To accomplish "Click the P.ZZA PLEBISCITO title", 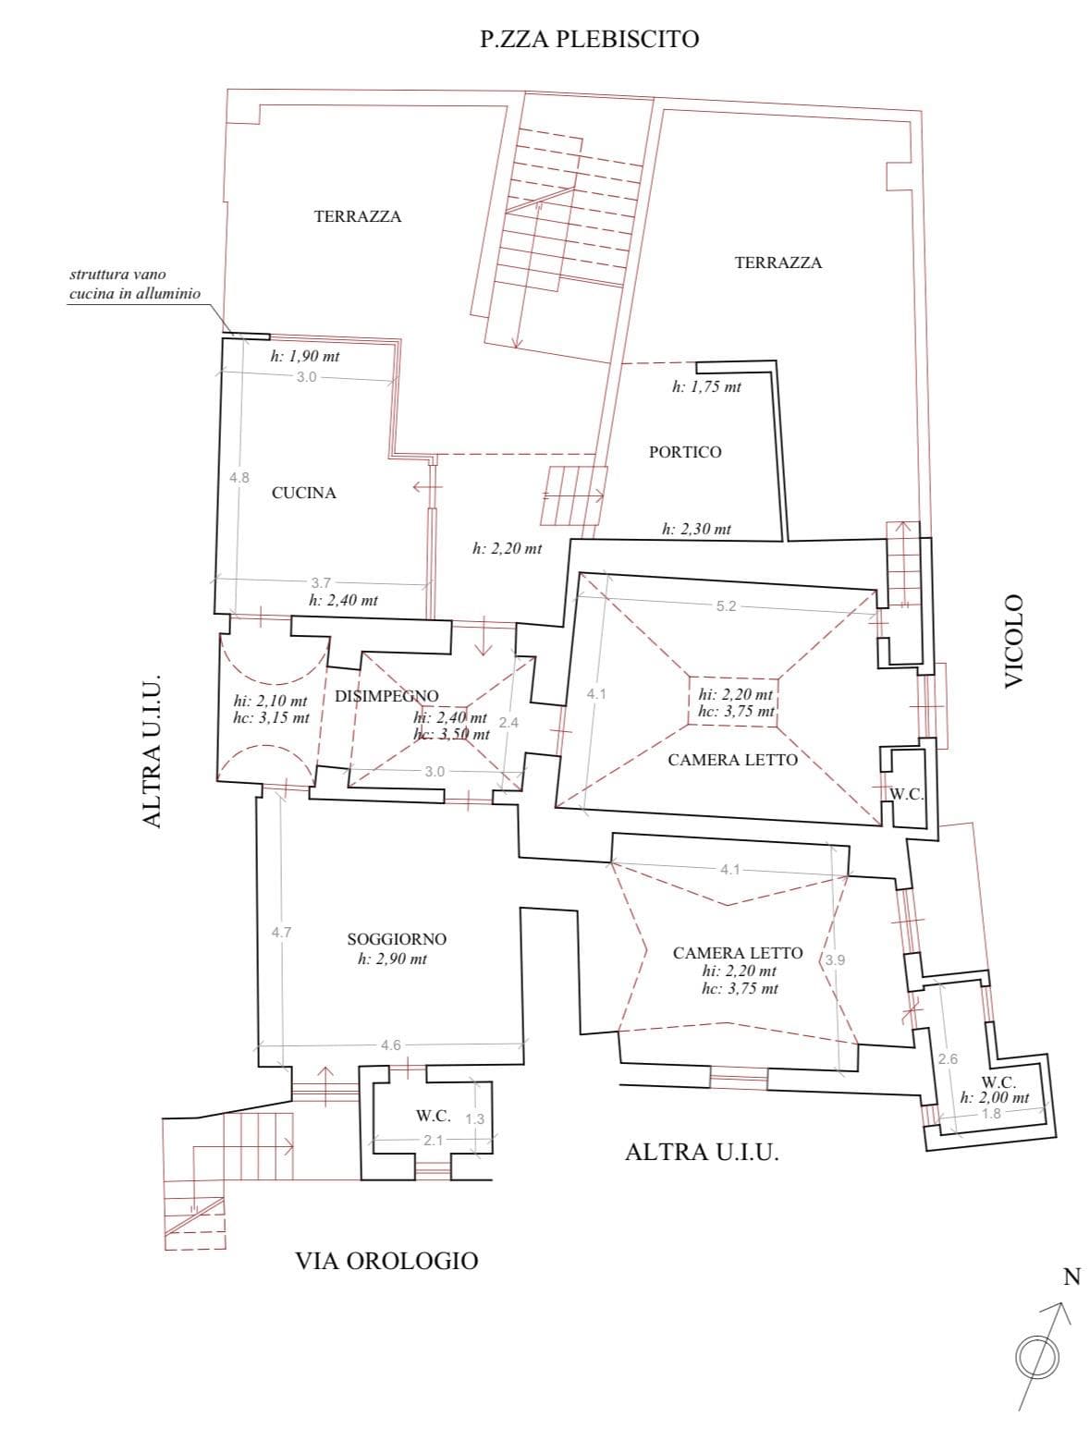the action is (x=589, y=39).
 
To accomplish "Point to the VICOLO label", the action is (x=1014, y=641).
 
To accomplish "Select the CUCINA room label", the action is (x=304, y=493).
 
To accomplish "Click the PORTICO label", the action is (x=685, y=452).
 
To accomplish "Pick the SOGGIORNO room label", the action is (x=397, y=939).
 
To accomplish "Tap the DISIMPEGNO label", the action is (x=386, y=696).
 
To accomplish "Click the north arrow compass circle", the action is (x=1036, y=1357).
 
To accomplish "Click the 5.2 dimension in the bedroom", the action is (x=726, y=606).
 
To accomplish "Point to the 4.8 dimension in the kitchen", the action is (x=239, y=477).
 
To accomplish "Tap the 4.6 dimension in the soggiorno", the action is (x=391, y=1044).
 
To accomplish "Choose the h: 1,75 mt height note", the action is (x=706, y=386).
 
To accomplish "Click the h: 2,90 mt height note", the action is (x=392, y=959).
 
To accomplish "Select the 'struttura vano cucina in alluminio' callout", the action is (x=135, y=284).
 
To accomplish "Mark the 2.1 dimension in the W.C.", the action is (x=433, y=1140).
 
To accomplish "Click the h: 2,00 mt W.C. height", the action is (x=994, y=1097).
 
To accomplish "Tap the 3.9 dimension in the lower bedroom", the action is (x=835, y=959).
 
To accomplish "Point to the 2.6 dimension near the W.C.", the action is (x=948, y=1059).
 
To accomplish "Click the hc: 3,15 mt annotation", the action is (x=271, y=718).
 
